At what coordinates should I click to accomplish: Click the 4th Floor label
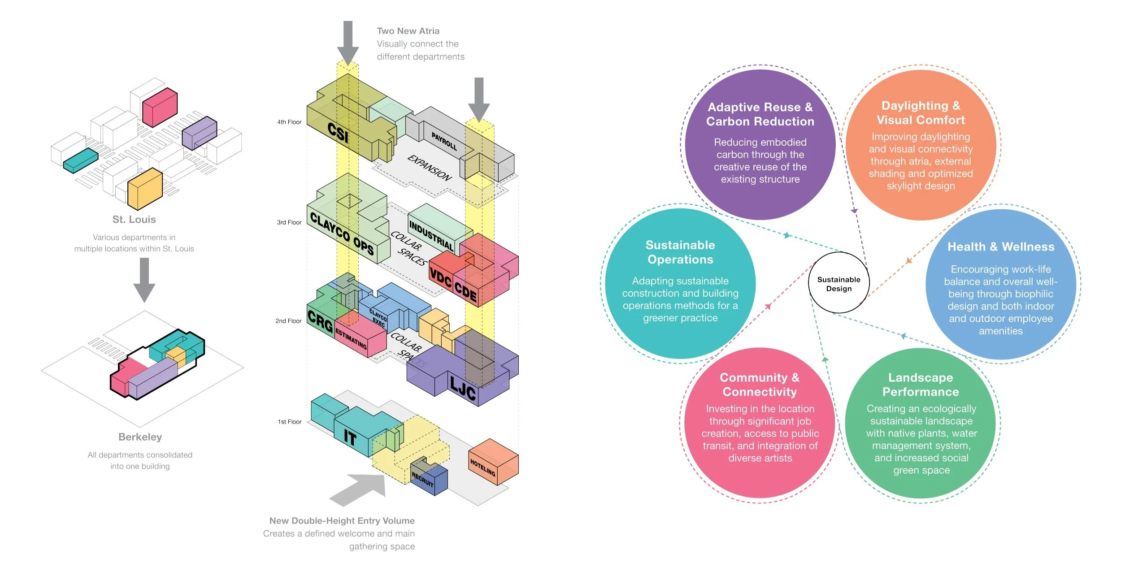(289, 122)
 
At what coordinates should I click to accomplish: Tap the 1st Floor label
(290, 422)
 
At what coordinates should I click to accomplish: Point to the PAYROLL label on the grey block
(444, 141)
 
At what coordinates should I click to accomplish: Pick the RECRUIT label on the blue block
(422, 480)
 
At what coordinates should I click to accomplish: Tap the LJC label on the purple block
(463, 389)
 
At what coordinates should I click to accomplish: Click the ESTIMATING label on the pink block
(351, 339)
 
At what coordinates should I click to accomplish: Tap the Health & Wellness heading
(1001, 247)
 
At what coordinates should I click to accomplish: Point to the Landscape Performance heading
(921, 385)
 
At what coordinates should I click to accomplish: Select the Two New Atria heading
(408, 31)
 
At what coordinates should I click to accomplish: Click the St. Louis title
(134, 220)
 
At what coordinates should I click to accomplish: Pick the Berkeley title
(140, 437)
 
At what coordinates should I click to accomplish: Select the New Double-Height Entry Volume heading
(342, 521)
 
